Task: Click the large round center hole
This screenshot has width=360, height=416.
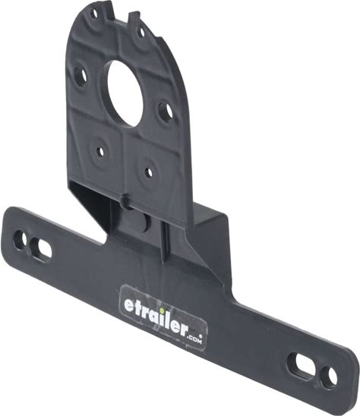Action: (x=125, y=93)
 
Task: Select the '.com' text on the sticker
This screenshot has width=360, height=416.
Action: (x=194, y=339)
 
